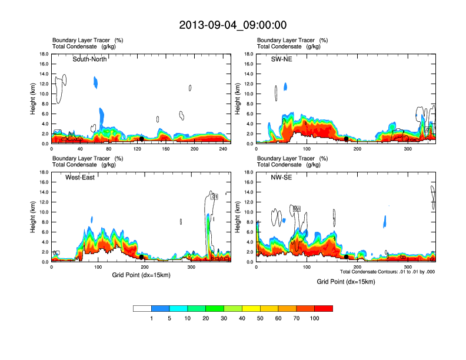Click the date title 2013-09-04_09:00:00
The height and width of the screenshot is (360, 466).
click(233, 25)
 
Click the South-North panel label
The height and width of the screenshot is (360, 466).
click(89, 59)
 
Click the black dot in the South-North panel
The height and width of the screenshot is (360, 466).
click(141, 139)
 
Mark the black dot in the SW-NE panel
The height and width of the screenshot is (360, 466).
click(347, 139)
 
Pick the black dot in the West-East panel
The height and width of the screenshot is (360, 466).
click(141, 257)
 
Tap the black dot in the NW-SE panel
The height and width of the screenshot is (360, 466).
click(346, 257)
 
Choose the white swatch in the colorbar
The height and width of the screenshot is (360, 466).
click(142, 308)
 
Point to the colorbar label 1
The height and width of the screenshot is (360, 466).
click(152, 318)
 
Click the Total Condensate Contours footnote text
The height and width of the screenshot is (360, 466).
click(387, 272)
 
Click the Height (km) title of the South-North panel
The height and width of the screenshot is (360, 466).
click(34, 99)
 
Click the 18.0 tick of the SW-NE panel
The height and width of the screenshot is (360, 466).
click(248, 55)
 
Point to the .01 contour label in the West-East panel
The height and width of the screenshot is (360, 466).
click(215, 196)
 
